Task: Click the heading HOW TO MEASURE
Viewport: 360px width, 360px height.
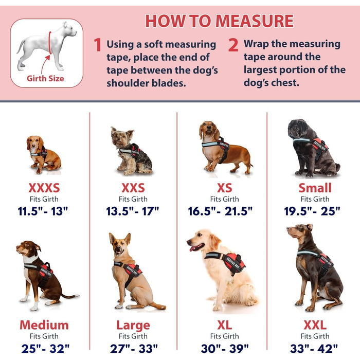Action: click(219, 21)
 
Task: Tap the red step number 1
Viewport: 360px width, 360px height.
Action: click(98, 45)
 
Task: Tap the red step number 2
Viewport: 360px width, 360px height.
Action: click(233, 45)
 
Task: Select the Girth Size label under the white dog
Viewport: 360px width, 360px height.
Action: click(45, 79)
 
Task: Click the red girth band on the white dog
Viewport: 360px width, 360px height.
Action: click(49, 43)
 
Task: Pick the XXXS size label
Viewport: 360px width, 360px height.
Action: click(44, 188)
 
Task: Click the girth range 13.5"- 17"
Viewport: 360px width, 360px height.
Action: click(133, 211)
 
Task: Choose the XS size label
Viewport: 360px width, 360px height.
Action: click(225, 188)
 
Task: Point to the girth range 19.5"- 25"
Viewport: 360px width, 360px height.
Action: click(312, 211)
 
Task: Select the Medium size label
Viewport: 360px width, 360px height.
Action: click(44, 325)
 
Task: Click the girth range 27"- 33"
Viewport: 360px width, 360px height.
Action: click(134, 349)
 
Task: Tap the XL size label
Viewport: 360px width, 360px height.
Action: click(225, 325)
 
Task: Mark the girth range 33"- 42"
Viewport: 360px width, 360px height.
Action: click(314, 349)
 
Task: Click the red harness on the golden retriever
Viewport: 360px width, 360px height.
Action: click(232, 262)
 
